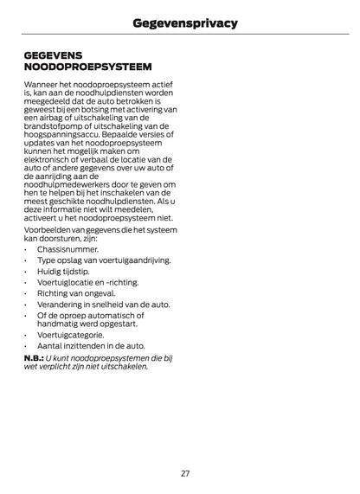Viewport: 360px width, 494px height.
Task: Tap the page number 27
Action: coord(185,473)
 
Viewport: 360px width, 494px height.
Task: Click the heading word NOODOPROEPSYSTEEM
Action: coord(88,66)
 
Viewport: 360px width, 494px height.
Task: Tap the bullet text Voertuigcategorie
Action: coord(71,334)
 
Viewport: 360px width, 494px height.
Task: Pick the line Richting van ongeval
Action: coord(75,293)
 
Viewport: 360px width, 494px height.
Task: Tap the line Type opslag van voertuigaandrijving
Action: coord(103,260)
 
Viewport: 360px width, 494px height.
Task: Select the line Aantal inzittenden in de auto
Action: coord(90,345)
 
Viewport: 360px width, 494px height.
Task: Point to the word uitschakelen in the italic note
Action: coord(126,366)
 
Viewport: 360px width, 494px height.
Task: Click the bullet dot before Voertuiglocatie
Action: coord(27,282)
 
